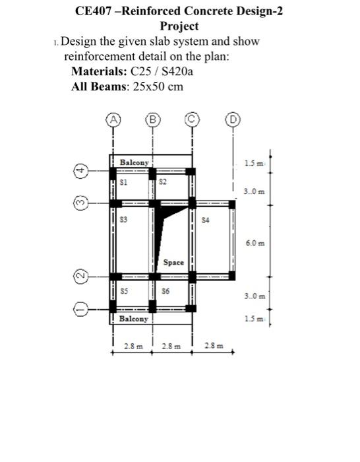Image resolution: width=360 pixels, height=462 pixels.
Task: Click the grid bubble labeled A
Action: [114, 120]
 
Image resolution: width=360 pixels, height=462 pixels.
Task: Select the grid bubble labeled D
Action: [232, 120]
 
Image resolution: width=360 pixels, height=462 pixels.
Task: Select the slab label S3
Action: [123, 217]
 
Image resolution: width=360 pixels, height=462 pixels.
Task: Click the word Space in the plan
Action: [173, 262]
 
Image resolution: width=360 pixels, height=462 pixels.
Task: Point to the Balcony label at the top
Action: [135, 162]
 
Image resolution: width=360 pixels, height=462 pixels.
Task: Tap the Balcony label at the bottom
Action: [134, 319]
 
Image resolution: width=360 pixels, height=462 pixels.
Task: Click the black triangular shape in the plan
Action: [169, 212]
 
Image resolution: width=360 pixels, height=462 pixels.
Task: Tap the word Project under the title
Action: [179, 26]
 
